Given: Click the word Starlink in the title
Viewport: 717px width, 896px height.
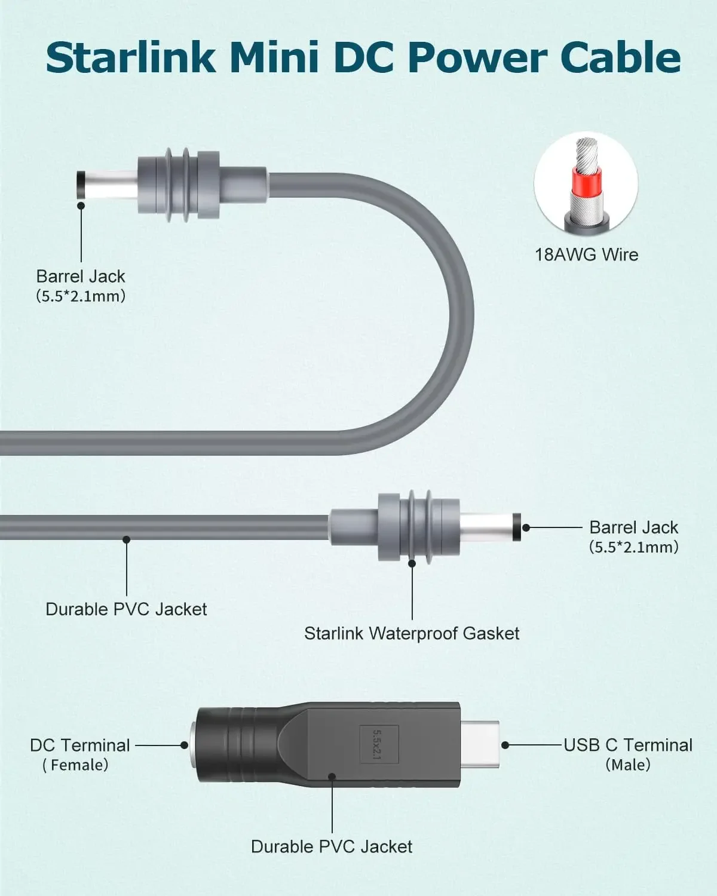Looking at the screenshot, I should [x=130, y=57].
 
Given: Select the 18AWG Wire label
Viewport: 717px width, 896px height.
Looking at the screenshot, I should [x=586, y=254].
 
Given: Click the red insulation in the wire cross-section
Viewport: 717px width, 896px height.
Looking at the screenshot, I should [x=586, y=179].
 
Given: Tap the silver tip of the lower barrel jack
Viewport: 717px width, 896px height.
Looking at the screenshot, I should [x=490, y=527].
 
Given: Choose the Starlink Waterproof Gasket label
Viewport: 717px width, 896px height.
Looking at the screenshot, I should [x=412, y=633].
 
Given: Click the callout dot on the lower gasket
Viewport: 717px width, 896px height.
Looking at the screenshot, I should [x=412, y=563].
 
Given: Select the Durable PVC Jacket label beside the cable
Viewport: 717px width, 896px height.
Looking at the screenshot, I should [x=126, y=609].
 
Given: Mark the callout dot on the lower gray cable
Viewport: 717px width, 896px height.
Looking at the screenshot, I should [x=126, y=539].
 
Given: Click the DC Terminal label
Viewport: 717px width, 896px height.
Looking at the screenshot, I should [x=79, y=745].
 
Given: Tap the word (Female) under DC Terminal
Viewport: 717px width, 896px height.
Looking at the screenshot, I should [x=76, y=765].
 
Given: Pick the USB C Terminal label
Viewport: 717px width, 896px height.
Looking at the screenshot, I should [x=628, y=745].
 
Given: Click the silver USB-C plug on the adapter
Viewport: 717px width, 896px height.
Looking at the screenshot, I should [x=481, y=745].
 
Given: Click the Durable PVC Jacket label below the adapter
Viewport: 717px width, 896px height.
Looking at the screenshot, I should [x=332, y=846].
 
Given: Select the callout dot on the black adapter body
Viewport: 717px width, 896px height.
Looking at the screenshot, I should [x=332, y=777].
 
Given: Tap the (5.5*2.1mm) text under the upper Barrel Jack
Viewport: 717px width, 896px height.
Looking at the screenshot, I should [x=81, y=296].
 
